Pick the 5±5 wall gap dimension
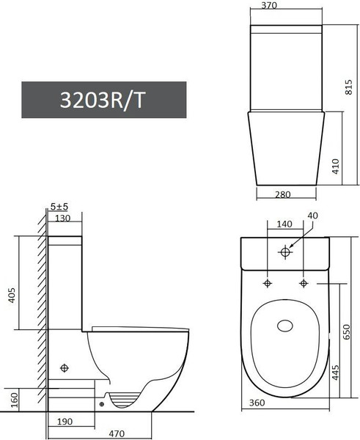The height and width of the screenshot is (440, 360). pyautogui.click(x=59, y=206)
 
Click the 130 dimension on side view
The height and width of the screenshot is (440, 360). pyautogui.click(x=62, y=218)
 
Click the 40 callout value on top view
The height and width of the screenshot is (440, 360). pyautogui.click(x=314, y=215)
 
